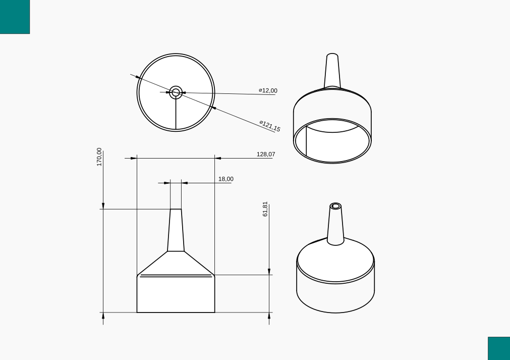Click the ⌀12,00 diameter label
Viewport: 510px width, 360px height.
pyautogui.click(x=268, y=91)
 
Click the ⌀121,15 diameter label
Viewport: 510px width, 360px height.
pyautogui.click(x=270, y=126)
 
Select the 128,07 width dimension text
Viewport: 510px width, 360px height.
pyautogui.click(x=266, y=154)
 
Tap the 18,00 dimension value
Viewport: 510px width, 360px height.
pyautogui.click(x=225, y=179)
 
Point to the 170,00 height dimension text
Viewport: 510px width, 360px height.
pyautogui.click(x=99, y=157)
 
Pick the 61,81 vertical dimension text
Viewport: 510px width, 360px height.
pyautogui.click(x=265, y=209)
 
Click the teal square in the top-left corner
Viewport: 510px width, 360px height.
pyautogui.click(x=15, y=17)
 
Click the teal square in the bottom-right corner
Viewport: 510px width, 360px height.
pyautogui.click(x=498, y=348)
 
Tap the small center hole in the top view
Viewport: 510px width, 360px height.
pyautogui.click(x=176, y=92)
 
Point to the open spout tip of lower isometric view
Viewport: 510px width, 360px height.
pyautogui.click(x=335, y=206)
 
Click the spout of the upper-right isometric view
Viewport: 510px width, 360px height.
pyautogui.click(x=332, y=71)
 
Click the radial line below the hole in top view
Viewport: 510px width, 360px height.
pyautogui.click(x=176, y=114)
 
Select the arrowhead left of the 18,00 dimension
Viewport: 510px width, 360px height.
pyautogui.click(x=167, y=183)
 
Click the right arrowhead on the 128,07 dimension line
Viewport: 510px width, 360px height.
pyautogui.click(x=218, y=158)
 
